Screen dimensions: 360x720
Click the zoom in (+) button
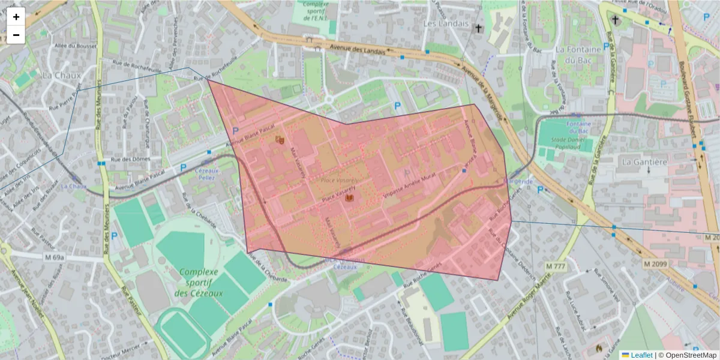click(16, 17)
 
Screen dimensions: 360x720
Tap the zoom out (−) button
click(16, 35)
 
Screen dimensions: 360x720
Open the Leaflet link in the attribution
click(641, 355)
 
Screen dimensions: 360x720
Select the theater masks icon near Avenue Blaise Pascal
click(279, 139)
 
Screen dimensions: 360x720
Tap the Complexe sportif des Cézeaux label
click(199, 282)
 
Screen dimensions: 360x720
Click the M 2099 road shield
click(655, 264)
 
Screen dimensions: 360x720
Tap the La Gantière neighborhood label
click(644, 161)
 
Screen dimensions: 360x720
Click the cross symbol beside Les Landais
click(478, 28)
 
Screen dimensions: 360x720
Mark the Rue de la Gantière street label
click(597, 149)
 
